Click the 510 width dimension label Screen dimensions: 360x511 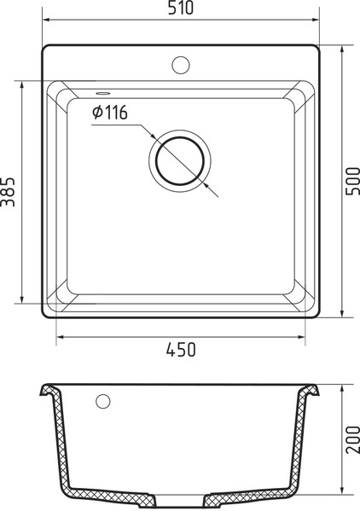coord(181,8)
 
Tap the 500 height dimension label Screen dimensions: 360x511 coord(352,181)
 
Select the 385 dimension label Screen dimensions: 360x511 coord(8,192)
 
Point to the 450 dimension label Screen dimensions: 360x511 coord(181,350)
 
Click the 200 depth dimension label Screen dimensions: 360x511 coord(352,439)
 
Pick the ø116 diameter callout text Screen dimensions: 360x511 coord(110,113)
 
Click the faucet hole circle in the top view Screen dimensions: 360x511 coord(181,65)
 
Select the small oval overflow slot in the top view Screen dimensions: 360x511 coord(103,93)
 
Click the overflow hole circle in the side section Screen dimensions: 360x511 coord(103,401)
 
